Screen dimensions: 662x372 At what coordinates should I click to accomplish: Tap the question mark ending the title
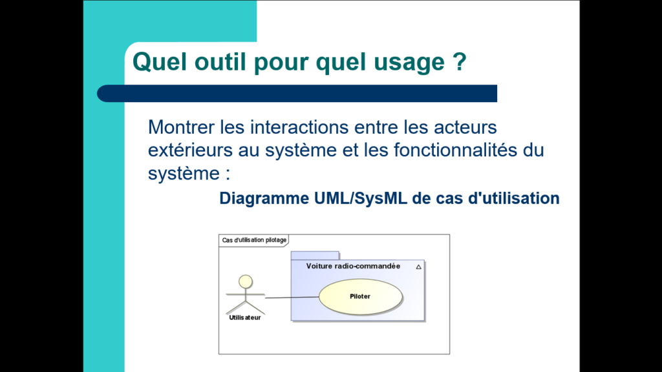coord(460,61)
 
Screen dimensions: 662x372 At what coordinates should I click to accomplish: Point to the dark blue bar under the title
coord(297,93)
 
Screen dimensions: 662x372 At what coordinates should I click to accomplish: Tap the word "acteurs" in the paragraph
coord(465,127)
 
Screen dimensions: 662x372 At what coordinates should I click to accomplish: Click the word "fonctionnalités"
coord(456,150)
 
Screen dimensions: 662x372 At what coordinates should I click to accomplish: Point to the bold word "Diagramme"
coord(264,199)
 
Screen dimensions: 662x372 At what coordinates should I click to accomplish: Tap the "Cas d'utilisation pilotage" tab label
coord(254,240)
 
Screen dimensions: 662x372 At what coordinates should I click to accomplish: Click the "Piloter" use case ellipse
coord(360,296)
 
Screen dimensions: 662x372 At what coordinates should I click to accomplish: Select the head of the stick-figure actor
coord(245,282)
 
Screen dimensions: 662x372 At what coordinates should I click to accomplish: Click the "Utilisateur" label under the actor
coord(245,318)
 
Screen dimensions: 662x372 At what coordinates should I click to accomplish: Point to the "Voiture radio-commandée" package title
coord(353,266)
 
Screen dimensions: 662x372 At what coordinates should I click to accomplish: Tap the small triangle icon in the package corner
coord(418,267)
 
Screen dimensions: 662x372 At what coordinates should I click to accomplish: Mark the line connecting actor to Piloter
coord(292,297)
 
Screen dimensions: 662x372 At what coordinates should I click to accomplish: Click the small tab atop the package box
coord(315,256)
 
